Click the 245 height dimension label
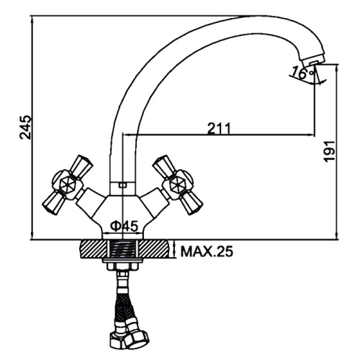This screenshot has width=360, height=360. coord(25,127)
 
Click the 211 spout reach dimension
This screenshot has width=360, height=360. coord(219,128)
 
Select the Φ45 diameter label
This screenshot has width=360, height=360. coord(125,226)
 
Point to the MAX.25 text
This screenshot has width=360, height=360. coord(207,252)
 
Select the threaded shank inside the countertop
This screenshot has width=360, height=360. coord(123,249)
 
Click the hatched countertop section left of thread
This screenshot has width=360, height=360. coord(94,249)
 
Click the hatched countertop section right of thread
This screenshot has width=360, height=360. coord(153,249)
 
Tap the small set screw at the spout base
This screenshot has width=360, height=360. coord(122,185)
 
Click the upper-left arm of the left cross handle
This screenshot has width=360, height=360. coord(81,166)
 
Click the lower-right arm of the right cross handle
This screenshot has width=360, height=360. coord(192,202)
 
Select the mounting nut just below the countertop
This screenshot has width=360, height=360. coord(123,266)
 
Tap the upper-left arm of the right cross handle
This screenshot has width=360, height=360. coord(163,166)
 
